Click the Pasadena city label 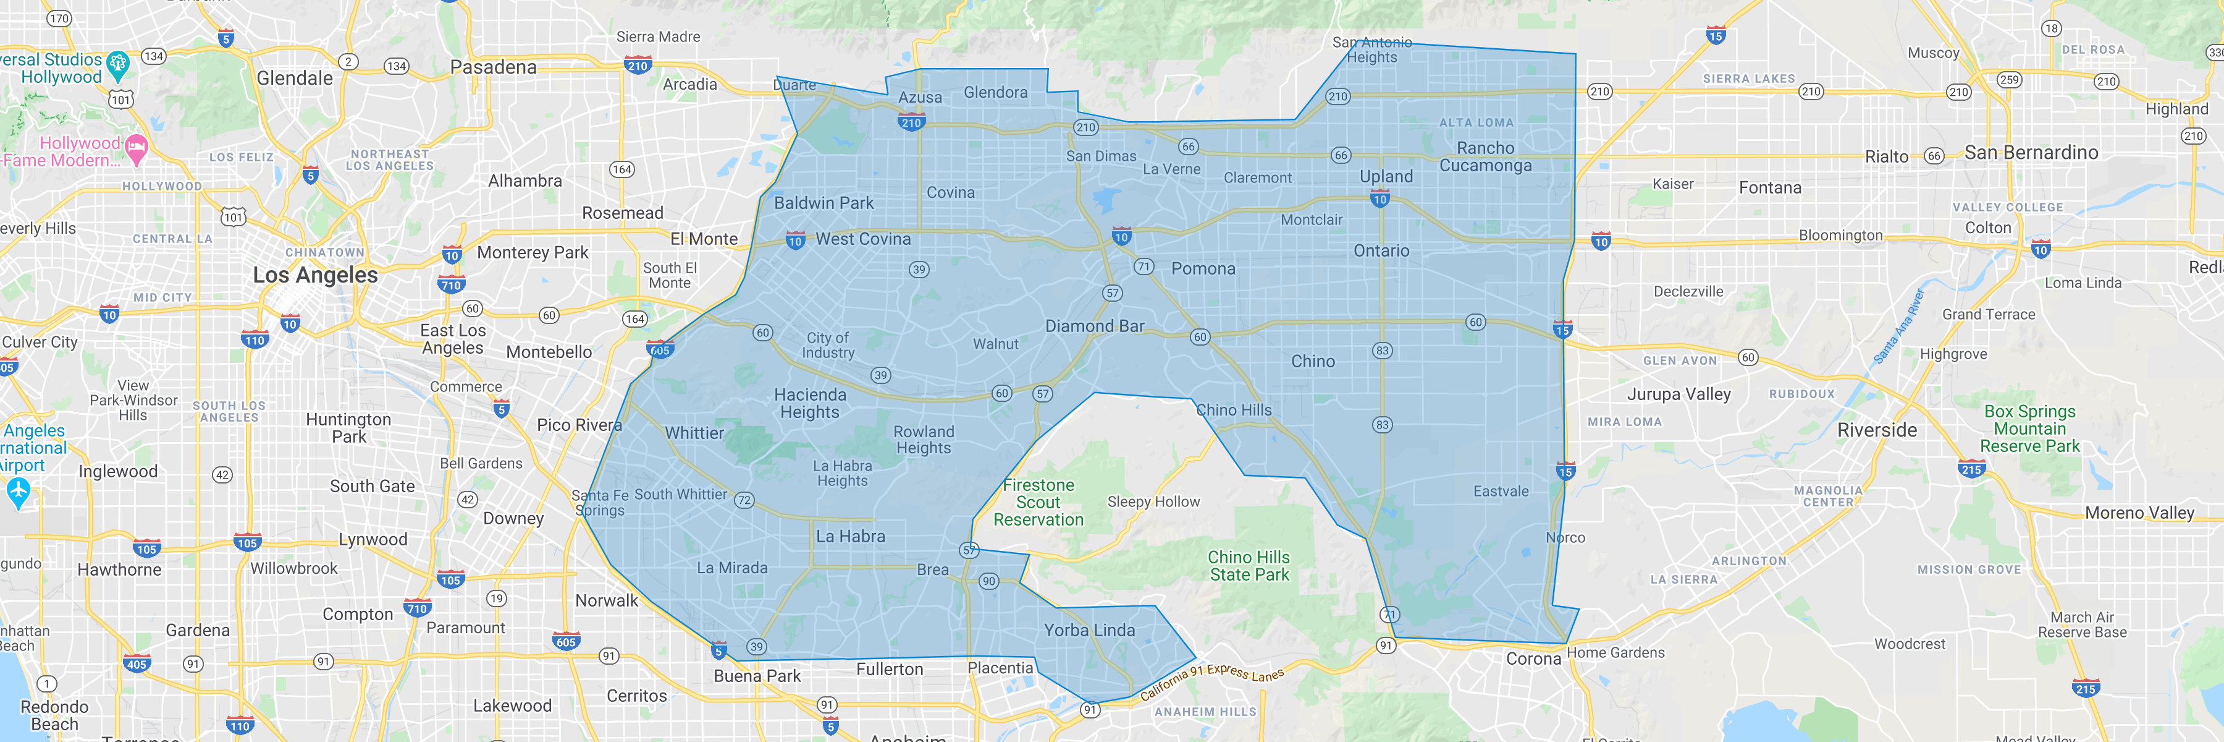[493, 67]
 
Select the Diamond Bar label [1094, 326]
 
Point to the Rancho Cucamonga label [1485, 157]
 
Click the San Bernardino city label [2031, 153]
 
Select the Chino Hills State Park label [1249, 566]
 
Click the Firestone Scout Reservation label [1038, 503]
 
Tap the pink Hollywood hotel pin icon [137, 148]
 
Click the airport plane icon [18, 492]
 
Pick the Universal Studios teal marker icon [118, 62]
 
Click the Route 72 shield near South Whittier [743, 500]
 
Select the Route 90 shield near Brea [988, 581]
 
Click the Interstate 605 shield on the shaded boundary [660, 350]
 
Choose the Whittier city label [694, 433]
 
